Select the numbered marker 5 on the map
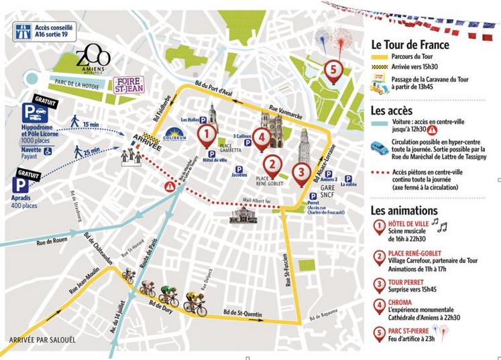click(330, 68)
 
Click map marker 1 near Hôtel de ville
click(208, 136)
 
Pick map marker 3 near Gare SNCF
click(302, 173)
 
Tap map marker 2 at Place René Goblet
click(272, 163)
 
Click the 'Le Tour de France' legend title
click(410, 45)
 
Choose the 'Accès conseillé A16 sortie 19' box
click(44, 30)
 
